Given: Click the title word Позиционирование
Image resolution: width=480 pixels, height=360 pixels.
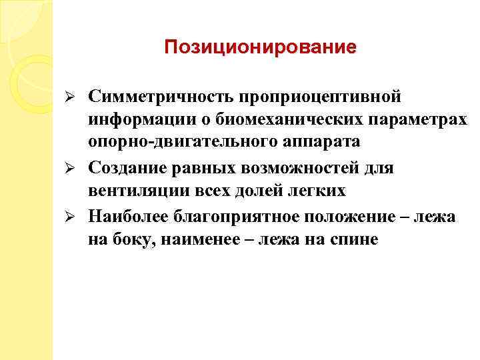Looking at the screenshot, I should coord(260,48).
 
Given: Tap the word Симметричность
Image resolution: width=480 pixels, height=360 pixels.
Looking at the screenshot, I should coord(157,97).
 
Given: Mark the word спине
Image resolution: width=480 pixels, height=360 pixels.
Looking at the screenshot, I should coord(354,239).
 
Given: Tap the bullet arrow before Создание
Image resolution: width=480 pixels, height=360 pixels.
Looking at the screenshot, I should coord(77,168).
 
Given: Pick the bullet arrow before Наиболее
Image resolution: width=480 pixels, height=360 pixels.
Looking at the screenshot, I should coord(77,216).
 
